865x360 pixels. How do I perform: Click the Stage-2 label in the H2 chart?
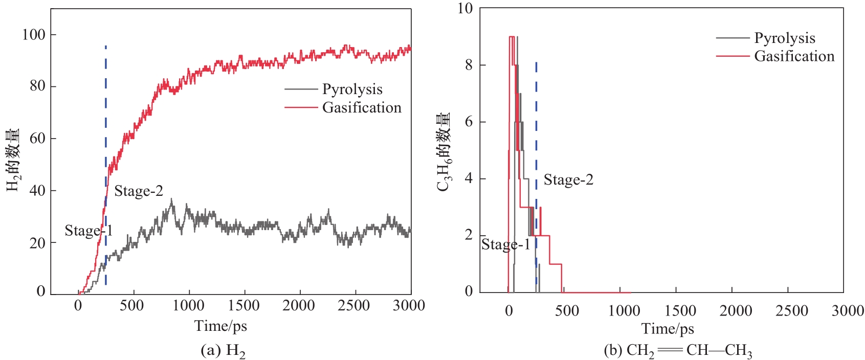[x=138, y=191]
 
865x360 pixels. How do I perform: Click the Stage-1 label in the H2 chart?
[x=88, y=231]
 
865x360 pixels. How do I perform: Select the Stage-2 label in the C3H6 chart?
[x=568, y=180]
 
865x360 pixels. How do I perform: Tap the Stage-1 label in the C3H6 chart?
[x=505, y=245]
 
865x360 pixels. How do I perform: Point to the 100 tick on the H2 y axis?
[x=34, y=35]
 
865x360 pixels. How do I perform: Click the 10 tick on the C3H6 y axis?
[x=465, y=8]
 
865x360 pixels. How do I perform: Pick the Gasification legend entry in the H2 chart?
[x=361, y=108]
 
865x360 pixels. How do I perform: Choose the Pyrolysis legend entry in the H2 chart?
[x=352, y=89]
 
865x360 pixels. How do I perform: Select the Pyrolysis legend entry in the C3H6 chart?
[x=784, y=38]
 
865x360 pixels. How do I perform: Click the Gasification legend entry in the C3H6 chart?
[x=794, y=56]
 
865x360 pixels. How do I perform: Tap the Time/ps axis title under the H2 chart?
[x=220, y=326]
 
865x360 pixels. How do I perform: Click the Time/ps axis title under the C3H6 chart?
[x=668, y=328]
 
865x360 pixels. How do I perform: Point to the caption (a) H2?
[x=223, y=351]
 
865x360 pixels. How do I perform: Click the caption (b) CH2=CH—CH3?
[x=678, y=351]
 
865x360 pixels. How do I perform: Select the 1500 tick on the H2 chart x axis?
[x=243, y=306]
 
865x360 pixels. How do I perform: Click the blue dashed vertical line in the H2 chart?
[x=105, y=153]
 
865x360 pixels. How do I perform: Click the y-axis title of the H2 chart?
[x=13, y=160]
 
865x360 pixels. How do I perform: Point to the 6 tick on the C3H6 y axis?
[x=469, y=122]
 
